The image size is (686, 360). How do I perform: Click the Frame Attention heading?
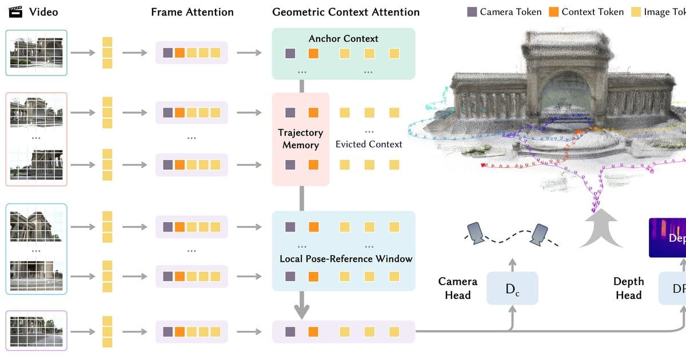[x=192, y=12]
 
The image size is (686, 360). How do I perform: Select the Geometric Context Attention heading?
[x=345, y=12]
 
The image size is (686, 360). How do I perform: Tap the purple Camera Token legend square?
[x=472, y=12]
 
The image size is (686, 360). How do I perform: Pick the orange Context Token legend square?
[x=553, y=12]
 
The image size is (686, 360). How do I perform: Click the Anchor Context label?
[x=343, y=39]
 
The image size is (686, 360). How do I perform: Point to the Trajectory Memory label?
[x=301, y=139]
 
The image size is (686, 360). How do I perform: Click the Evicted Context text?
[x=369, y=145]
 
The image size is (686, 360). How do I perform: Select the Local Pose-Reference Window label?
[x=345, y=259]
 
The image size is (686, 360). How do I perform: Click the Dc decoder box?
[x=512, y=289]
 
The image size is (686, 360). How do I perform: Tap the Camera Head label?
[x=457, y=289]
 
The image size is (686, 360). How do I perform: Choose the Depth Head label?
[x=628, y=289]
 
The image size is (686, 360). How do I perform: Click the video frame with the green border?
[x=37, y=53]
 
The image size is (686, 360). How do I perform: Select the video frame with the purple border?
[x=37, y=330]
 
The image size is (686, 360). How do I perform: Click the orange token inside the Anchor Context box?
[x=313, y=54]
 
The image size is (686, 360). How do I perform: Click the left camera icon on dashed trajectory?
[x=476, y=231]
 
